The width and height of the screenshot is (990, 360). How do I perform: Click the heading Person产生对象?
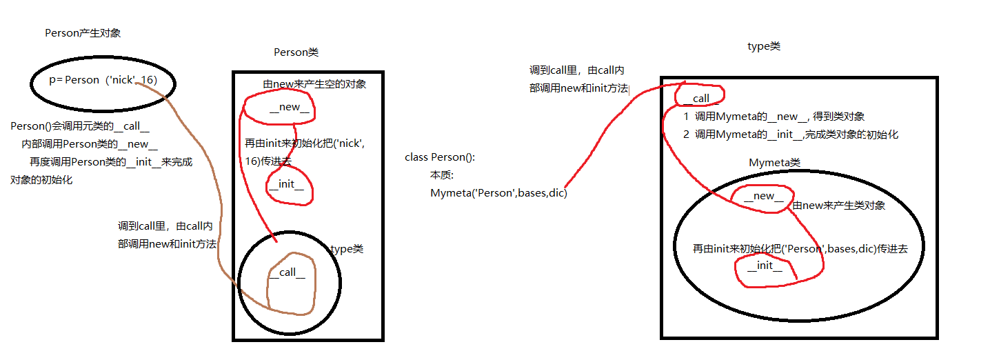click(83, 33)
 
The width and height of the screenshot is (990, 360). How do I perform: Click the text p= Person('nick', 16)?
click(103, 80)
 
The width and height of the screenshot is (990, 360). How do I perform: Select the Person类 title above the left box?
click(296, 52)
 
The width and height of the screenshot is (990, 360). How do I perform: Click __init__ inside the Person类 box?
click(286, 184)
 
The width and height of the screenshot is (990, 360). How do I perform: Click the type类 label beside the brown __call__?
click(347, 249)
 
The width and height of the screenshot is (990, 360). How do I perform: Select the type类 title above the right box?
click(764, 46)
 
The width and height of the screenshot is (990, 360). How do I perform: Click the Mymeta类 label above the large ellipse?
click(774, 163)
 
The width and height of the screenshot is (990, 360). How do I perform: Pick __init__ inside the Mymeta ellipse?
click(765, 266)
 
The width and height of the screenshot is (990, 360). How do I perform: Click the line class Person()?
click(440, 157)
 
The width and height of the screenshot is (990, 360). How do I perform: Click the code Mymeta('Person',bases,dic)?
click(498, 193)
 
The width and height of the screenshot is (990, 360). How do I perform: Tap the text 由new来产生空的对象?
click(314, 84)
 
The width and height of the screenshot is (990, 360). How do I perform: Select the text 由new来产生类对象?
click(839, 206)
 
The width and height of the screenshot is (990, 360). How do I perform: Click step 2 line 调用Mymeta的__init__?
click(790, 134)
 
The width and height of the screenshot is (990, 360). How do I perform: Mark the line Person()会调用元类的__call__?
click(80, 126)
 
